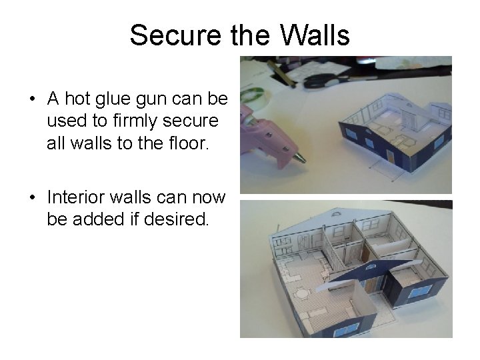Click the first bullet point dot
pyautogui.click(x=32, y=100)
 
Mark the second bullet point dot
pyautogui.click(x=32, y=198)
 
